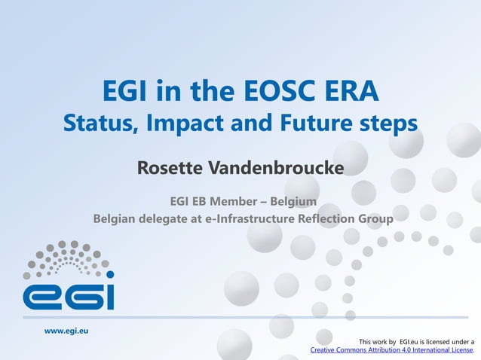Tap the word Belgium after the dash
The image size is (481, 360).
[290, 200]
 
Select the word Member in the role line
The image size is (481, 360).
[230, 200]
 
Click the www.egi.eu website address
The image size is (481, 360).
[66, 331]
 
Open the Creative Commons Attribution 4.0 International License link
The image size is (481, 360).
[391, 350]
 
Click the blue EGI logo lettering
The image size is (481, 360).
[69, 294]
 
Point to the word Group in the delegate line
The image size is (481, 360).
[375, 219]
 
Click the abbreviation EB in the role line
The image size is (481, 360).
[197, 200]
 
